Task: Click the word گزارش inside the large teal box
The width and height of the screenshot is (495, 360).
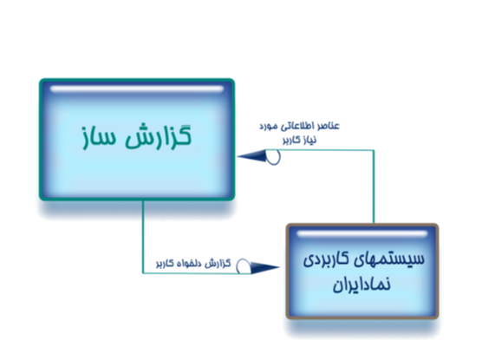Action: coord(158,136)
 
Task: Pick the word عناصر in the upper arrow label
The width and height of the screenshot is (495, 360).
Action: coord(329,126)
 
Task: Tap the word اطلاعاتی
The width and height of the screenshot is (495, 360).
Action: coord(297,127)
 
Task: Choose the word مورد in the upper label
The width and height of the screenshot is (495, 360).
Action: coord(269,127)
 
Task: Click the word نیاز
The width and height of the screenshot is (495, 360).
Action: coord(309,141)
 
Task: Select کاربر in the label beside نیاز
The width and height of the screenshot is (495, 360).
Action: coord(290,141)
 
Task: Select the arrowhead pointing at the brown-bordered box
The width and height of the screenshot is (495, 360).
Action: coord(264,267)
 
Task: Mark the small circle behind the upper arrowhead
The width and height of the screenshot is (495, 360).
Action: coord(274,157)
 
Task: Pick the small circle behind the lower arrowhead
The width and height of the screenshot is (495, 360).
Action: coord(243,266)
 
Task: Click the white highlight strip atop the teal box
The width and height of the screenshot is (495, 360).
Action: coord(137,88)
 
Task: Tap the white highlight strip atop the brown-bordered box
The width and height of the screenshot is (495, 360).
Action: coord(362,233)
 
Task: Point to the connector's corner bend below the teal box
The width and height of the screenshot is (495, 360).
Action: coord(143,273)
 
